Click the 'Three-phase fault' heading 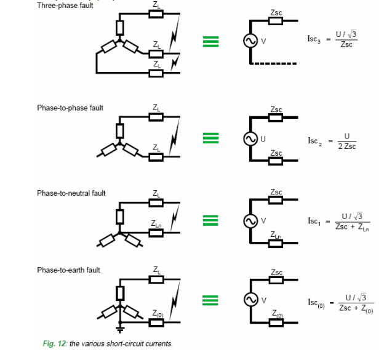pyautogui.click(x=65, y=6)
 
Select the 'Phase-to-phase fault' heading pyautogui.click(x=70, y=108)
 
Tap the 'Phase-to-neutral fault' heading pyautogui.click(x=71, y=193)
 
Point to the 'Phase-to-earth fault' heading pyautogui.click(x=68, y=270)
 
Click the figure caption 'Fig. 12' pyautogui.click(x=54, y=343)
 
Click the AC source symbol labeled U pyautogui.click(x=250, y=139)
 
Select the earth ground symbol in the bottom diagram pyautogui.click(x=120, y=330)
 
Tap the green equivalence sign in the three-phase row pyautogui.click(x=210, y=41)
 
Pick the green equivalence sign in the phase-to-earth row pyautogui.click(x=210, y=300)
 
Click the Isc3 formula pyautogui.click(x=332, y=39)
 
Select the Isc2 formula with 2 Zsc pyautogui.click(x=332, y=142)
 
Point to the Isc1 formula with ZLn pyautogui.click(x=339, y=222)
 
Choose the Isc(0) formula pyautogui.click(x=341, y=303)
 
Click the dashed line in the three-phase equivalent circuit pyautogui.click(x=274, y=63)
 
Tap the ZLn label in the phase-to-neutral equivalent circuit pyautogui.click(x=276, y=235)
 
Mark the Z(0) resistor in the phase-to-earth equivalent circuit pyautogui.click(x=276, y=323)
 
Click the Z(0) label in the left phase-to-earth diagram pyautogui.click(x=158, y=314)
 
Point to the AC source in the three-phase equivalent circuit pyautogui.click(x=250, y=41)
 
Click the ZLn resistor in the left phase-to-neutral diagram pyautogui.click(x=156, y=233)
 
